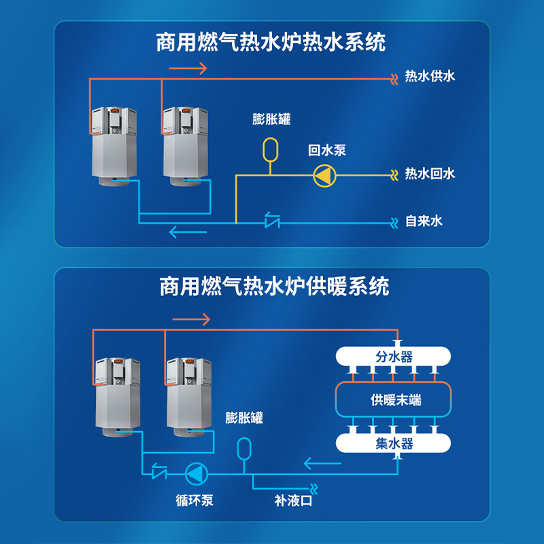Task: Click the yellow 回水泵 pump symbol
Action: [x=324, y=175]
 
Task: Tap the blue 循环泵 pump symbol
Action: [x=197, y=473]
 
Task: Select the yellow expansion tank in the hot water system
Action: [x=270, y=150]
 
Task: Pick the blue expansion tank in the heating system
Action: [x=244, y=449]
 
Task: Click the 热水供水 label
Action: [x=430, y=76]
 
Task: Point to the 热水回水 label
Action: [x=430, y=173]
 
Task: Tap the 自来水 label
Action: [x=424, y=221]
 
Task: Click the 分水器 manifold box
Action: [x=393, y=356]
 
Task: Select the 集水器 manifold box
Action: [x=393, y=443]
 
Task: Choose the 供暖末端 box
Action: [x=393, y=399]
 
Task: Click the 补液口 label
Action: [x=293, y=500]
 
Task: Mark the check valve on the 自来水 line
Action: [x=273, y=220]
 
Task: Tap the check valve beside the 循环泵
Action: [x=159, y=471]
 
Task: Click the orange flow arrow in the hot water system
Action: [x=188, y=69]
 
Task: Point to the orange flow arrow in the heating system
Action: [x=191, y=319]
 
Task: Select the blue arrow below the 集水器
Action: [x=322, y=463]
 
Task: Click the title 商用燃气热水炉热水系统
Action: [x=271, y=42]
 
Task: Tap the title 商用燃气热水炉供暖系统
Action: [x=274, y=286]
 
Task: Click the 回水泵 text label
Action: [x=327, y=150]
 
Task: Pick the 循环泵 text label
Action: [x=194, y=500]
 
